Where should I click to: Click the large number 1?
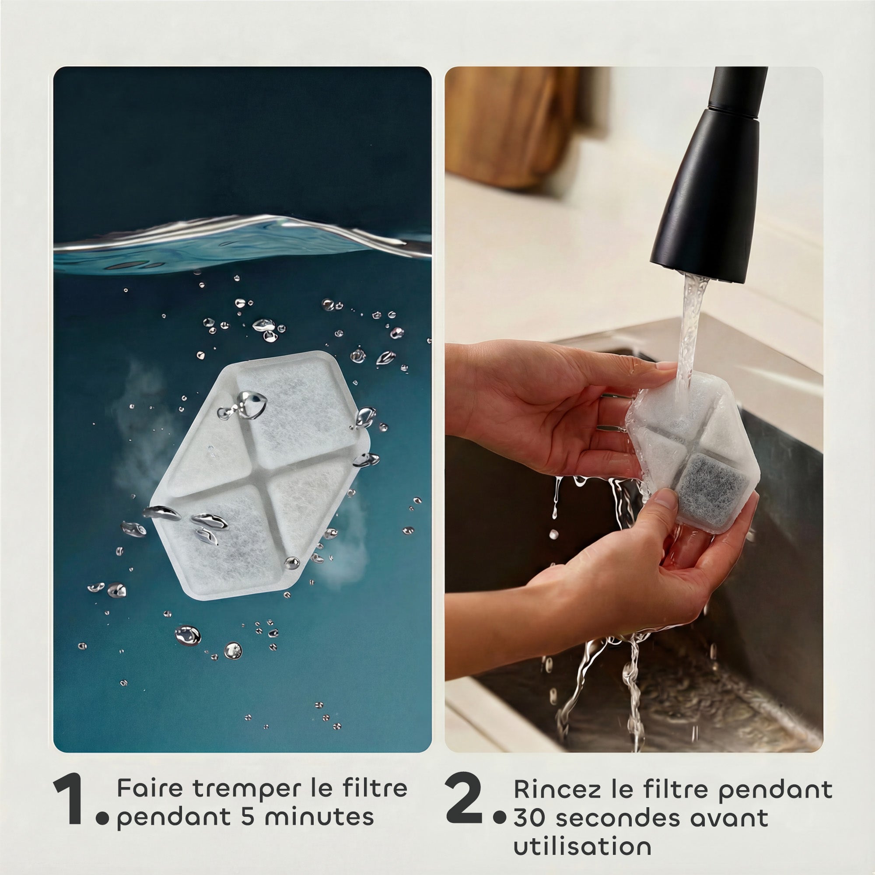(69, 773)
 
